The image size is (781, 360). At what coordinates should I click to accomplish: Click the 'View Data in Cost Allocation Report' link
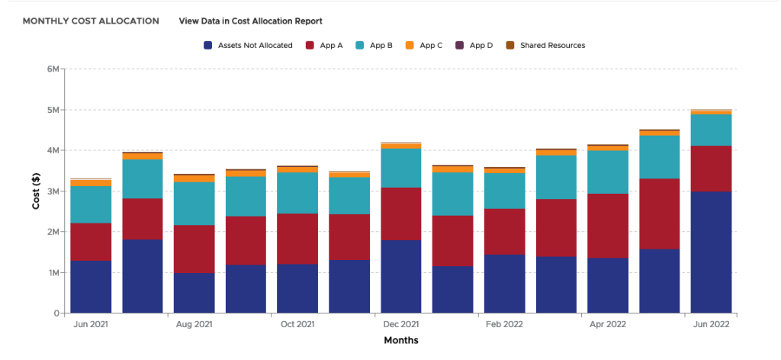click(x=250, y=21)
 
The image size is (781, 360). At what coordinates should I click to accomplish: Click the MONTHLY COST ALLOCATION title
click(x=91, y=21)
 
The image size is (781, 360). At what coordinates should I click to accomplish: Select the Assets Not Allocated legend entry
click(x=249, y=46)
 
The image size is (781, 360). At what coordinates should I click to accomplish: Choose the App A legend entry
click(x=324, y=46)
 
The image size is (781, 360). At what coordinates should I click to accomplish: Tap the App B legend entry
click(x=374, y=46)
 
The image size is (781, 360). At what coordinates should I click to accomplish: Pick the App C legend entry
click(x=424, y=46)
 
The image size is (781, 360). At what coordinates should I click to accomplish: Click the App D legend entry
click(x=474, y=46)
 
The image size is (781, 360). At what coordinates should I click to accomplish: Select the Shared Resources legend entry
click(x=546, y=46)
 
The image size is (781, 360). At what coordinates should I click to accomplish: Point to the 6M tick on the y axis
click(x=53, y=69)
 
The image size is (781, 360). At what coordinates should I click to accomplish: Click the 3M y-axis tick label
click(x=53, y=191)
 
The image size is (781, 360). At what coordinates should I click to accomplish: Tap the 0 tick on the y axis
click(x=56, y=313)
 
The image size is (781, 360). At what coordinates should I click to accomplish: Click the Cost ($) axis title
click(x=35, y=191)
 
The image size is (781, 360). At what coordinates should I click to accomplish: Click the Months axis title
click(x=400, y=340)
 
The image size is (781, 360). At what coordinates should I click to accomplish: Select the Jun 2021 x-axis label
click(x=91, y=324)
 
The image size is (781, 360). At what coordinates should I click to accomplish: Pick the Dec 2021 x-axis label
click(x=400, y=324)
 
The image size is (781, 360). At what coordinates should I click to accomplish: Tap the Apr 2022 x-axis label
click(x=607, y=324)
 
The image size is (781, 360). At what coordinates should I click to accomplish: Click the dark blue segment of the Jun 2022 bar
click(x=711, y=252)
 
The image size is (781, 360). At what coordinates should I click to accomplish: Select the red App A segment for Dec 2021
click(x=400, y=214)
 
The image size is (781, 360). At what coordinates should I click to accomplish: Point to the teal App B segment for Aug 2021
click(x=194, y=204)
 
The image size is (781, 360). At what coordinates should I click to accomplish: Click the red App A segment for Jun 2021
click(x=91, y=242)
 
